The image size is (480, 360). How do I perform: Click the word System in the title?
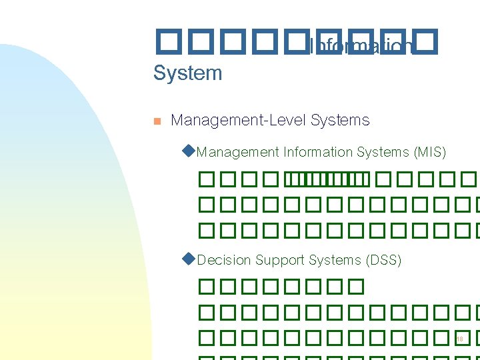tap(187, 73)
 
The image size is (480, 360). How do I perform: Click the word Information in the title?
tap(361, 47)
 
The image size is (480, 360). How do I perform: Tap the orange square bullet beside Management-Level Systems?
tap(157, 121)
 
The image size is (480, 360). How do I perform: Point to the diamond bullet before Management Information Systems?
tap(188, 151)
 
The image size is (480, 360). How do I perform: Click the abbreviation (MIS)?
tap(429, 152)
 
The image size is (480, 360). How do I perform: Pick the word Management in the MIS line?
tap(238, 152)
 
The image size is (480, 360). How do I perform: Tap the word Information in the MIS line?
tap(317, 152)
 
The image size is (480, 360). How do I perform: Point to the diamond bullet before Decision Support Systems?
tap(188, 259)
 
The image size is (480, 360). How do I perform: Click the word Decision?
tap(224, 260)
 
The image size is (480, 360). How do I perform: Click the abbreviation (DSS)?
tap(383, 260)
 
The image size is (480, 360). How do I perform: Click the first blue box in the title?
tap(163, 41)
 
